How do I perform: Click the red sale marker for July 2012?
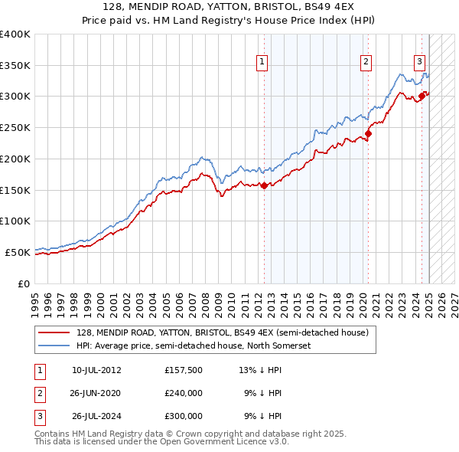click(x=264, y=185)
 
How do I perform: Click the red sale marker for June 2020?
click(x=368, y=133)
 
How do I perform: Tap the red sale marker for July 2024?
click(x=422, y=96)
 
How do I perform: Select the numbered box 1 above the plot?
click(x=262, y=62)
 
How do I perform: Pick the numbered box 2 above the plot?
click(x=366, y=62)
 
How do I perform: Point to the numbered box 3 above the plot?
click(x=420, y=62)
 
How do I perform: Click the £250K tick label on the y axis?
click(x=15, y=127)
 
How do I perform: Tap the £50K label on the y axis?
click(x=18, y=251)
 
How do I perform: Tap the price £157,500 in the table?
click(x=184, y=370)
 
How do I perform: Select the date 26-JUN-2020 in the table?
click(x=96, y=393)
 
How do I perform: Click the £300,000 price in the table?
click(x=184, y=417)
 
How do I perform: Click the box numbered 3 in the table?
click(x=39, y=417)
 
